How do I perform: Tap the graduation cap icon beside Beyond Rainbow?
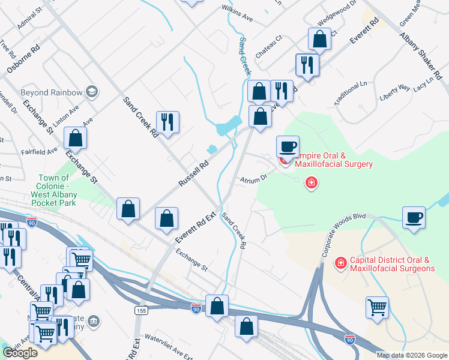(x=91, y=92)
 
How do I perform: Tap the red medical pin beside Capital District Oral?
(x=340, y=263)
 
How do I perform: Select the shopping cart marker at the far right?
(x=377, y=308)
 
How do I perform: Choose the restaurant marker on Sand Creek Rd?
(x=167, y=122)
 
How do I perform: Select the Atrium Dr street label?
(x=254, y=179)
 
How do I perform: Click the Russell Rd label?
(x=193, y=173)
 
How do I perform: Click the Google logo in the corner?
(x=20, y=353)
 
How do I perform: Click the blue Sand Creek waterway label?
(x=244, y=56)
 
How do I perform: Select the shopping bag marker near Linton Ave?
(x=76, y=138)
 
